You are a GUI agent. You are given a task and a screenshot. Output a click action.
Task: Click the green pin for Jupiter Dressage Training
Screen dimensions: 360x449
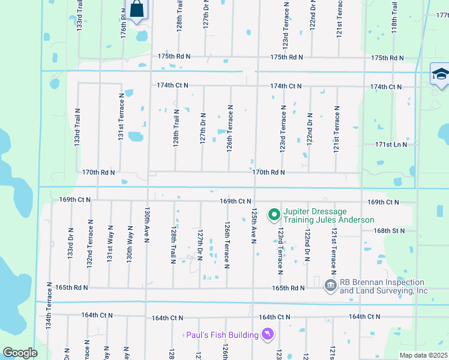(x=274, y=214)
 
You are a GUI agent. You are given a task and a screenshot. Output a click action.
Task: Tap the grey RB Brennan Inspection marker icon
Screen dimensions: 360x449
(x=330, y=286)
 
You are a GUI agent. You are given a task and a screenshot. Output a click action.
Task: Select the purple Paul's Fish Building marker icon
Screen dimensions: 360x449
(x=268, y=334)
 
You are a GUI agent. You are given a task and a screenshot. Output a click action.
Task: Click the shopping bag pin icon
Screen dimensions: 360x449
(x=137, y=10)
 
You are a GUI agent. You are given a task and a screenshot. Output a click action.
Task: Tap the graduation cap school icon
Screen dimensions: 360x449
(x=440, y=74)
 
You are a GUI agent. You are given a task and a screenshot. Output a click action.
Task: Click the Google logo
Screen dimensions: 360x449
(x=20, y=352)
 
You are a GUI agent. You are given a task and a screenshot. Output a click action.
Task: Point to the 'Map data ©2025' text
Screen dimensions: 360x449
(x=423, y=355)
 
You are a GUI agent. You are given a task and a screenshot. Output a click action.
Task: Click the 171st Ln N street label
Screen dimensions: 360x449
(x=391, y=145)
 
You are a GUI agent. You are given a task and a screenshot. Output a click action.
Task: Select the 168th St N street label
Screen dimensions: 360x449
(x=388, y=230)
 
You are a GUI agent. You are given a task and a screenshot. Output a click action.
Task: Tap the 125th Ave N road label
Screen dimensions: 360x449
(x=254, y=226)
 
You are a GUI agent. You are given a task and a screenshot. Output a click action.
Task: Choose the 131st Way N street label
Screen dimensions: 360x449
(x=110, y=243)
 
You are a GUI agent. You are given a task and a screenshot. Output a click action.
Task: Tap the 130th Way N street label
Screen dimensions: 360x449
(x=129, y=245)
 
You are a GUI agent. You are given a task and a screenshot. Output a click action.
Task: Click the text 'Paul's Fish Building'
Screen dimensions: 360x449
(x=221, y=335)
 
